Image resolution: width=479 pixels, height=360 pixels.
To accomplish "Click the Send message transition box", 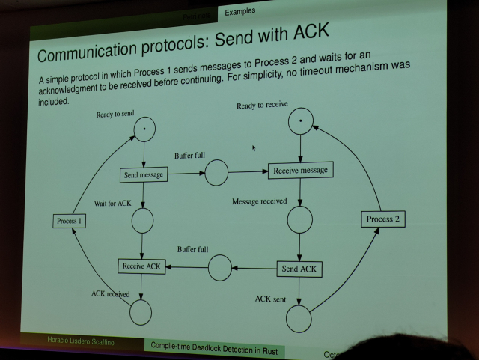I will [143, 174].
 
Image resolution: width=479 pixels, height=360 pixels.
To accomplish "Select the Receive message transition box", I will [300, 170].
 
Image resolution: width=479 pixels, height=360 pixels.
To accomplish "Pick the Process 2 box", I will [382, 219].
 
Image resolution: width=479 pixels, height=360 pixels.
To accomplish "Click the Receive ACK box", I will [141, 266].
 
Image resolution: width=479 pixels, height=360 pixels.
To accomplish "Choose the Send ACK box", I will [299, 269].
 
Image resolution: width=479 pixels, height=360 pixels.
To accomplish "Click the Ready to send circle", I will [144, 130].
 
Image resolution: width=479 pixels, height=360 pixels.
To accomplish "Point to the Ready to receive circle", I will [300, 120].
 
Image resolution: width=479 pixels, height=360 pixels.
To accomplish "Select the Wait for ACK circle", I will [142, 221].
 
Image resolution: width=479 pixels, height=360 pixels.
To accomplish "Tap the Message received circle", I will [299, 219].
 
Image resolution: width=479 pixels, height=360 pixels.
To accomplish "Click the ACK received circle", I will [141, 313].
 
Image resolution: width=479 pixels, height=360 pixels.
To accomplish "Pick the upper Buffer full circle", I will [216, 173].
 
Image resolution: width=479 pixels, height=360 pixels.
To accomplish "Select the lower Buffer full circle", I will [219, 268].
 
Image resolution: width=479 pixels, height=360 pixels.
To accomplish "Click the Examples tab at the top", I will [239, 11].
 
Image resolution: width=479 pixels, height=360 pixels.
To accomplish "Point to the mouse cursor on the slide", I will [254, 148].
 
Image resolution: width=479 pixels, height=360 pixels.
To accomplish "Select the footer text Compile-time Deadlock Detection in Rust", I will [219, 346].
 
